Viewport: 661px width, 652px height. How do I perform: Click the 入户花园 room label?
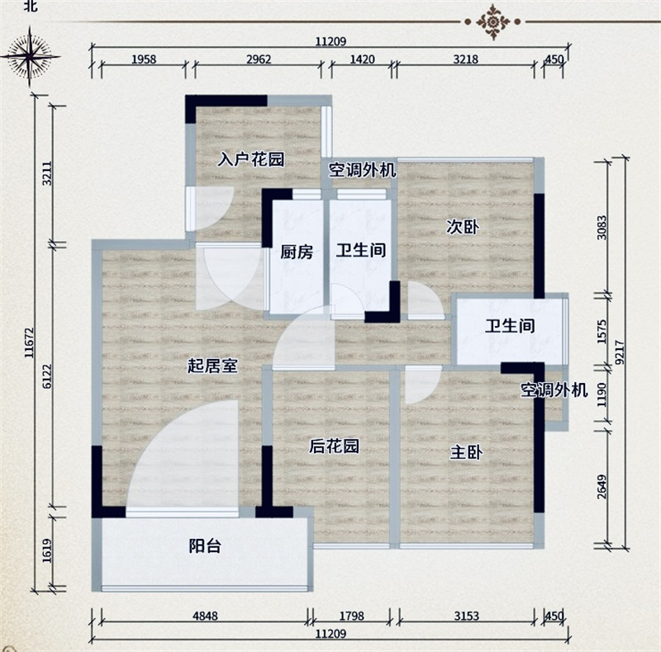click(x=251, y=159)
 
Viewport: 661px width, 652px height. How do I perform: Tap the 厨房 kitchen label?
click(x=297, y=252)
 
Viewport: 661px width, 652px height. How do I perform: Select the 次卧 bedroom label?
click(x=463, y=227)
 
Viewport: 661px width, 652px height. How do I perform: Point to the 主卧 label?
click(x=466, y=453)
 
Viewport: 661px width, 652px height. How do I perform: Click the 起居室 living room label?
click(x=213, y=366)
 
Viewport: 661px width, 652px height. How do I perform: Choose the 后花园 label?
click(x=335, y=446)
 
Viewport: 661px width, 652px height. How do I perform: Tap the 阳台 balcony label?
click(x=205, y=546)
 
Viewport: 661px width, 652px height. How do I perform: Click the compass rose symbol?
click(x=30, y=56)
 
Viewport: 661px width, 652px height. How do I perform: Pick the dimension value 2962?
click(x=259, y=59)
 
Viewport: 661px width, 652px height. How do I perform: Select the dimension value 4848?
click(x=205, y=616)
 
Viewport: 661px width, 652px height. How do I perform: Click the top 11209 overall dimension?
click(x=331, y=41)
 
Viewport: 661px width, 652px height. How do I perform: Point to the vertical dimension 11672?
click(x=29, y=343)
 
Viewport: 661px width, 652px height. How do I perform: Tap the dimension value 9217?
click(x=621, y=352)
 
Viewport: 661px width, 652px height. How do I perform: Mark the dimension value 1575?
click(x=602, y=332)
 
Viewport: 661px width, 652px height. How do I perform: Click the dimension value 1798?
click(x=352, y=616)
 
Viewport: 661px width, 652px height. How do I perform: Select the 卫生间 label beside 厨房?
click(x=361, y=251)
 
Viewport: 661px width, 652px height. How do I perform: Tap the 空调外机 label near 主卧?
click(x=554, y=390)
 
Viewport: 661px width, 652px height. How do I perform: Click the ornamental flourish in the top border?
click(x=492, y=21)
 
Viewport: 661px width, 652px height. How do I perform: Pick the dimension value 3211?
click(x=47, y=173)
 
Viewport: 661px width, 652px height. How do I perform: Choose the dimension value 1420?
click(x=362, y=59)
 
